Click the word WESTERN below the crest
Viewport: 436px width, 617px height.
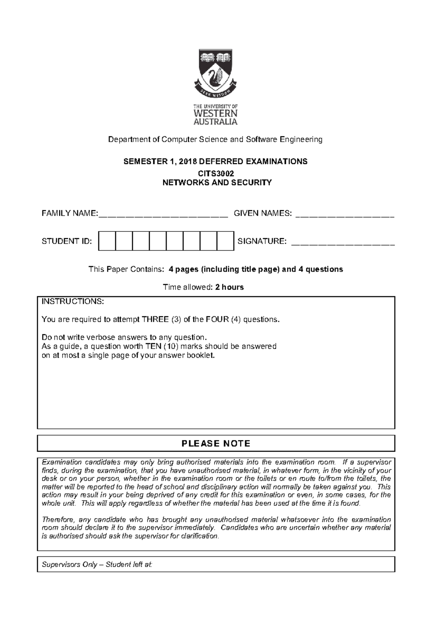(215, 113)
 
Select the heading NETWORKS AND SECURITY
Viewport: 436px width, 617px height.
(217, 183)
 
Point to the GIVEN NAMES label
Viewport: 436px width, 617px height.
(262, 213)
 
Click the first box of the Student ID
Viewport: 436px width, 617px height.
(107, 241)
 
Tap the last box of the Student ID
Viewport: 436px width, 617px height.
(225, 241)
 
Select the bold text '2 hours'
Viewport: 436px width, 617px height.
(229, 287)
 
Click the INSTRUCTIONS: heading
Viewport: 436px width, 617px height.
(73, 302)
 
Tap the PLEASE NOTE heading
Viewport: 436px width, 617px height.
(216, 444)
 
